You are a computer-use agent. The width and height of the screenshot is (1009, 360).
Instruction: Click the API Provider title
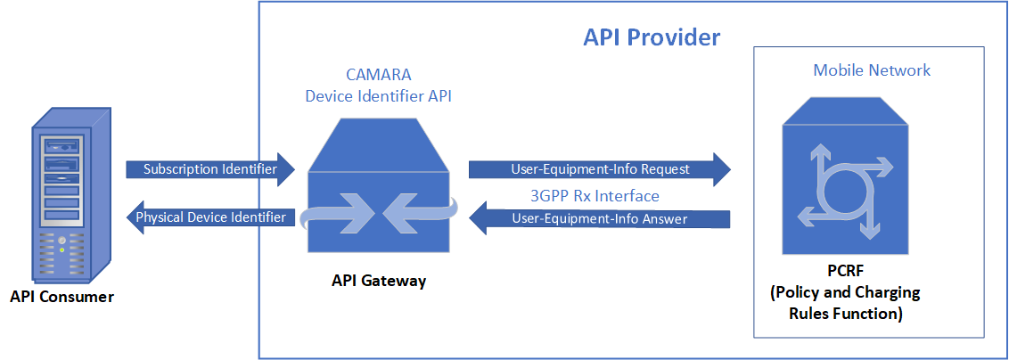tap(651, 37)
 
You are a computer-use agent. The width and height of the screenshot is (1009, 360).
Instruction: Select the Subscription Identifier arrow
tap(209, 169)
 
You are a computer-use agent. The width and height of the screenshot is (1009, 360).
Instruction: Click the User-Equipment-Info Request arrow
tap(599, 169)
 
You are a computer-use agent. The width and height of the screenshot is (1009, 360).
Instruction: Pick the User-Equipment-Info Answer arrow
tap(599, 218)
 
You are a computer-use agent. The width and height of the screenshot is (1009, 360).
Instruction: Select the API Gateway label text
tap(378, 281)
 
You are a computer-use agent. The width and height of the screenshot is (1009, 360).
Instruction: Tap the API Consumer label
tap(62, 297)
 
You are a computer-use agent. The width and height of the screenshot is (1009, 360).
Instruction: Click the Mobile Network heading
tap(871, 70)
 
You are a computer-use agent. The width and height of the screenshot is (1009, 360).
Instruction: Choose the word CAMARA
tap(378, 76)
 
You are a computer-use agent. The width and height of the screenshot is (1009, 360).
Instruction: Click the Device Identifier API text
tap(378, 96)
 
